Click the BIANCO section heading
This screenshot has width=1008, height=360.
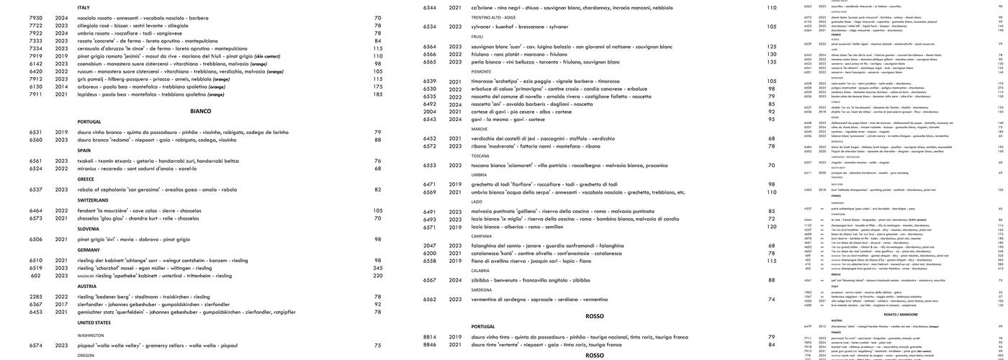(201, 111)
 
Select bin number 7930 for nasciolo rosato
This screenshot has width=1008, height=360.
(36, 18)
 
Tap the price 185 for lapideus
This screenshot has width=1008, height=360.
(377, 94)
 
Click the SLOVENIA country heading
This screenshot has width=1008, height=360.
(89, 229)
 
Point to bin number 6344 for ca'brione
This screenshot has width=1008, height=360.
(430, 8)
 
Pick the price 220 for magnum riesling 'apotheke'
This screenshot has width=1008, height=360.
(377, 276)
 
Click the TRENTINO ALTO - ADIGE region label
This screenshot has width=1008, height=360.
(493, 17)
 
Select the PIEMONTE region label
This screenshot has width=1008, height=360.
(481, 72)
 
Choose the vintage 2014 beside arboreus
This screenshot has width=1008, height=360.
(62, 86)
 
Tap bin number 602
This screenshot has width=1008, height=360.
(36, 276)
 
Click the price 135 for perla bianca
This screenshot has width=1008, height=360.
(771, 62)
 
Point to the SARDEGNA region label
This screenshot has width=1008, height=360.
(482, 290)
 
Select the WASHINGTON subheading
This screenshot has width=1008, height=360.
(91, 336)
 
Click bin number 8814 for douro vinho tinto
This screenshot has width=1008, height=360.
(430, 337)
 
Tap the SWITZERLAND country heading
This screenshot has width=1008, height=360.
(93, 200)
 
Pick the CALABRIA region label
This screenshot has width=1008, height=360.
(481, 271)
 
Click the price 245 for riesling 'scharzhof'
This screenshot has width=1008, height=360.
(377, 268)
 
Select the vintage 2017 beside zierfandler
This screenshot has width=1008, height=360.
(62, 305)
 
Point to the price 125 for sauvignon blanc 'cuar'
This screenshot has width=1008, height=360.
(771, 47)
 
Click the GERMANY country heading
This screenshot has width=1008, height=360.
(89, 250)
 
